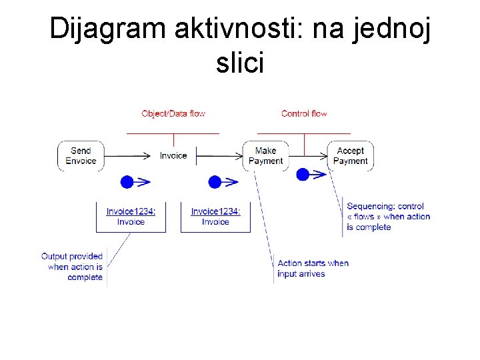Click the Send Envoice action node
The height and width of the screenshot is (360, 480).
pyautogui.click(x=81, y=155)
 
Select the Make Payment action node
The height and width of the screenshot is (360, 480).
pyautogui.click(x=265, y=155)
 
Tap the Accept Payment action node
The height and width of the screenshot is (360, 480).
pyautogui.click(x=350, y=155)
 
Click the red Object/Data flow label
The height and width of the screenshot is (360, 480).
pyautogui.click(x=173, y=113)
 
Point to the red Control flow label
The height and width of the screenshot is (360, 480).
pyautogui.click(x=304, y=113)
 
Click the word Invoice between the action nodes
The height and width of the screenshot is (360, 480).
pyautogui.click(x=173, y=155)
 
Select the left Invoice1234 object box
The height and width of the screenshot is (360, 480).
pyautogui.click(x=131, y=217)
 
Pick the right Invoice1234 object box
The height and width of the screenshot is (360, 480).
pyautogui.click(x=215, y=217)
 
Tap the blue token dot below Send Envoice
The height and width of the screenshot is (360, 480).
pyautogui.click(x=127, y=181)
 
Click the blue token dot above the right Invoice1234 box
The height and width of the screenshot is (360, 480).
pyautogui.click(x=215, y=181)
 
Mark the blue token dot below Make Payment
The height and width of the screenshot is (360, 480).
pyautogui.click(x=303, y=175)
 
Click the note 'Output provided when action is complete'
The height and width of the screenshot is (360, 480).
pyautogui.click(x=72, y=267)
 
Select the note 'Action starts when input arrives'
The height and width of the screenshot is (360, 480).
pyautogui.click(x=313, y=268)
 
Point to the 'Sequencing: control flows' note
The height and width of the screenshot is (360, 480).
pyautogui.click(x=388, y=217)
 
